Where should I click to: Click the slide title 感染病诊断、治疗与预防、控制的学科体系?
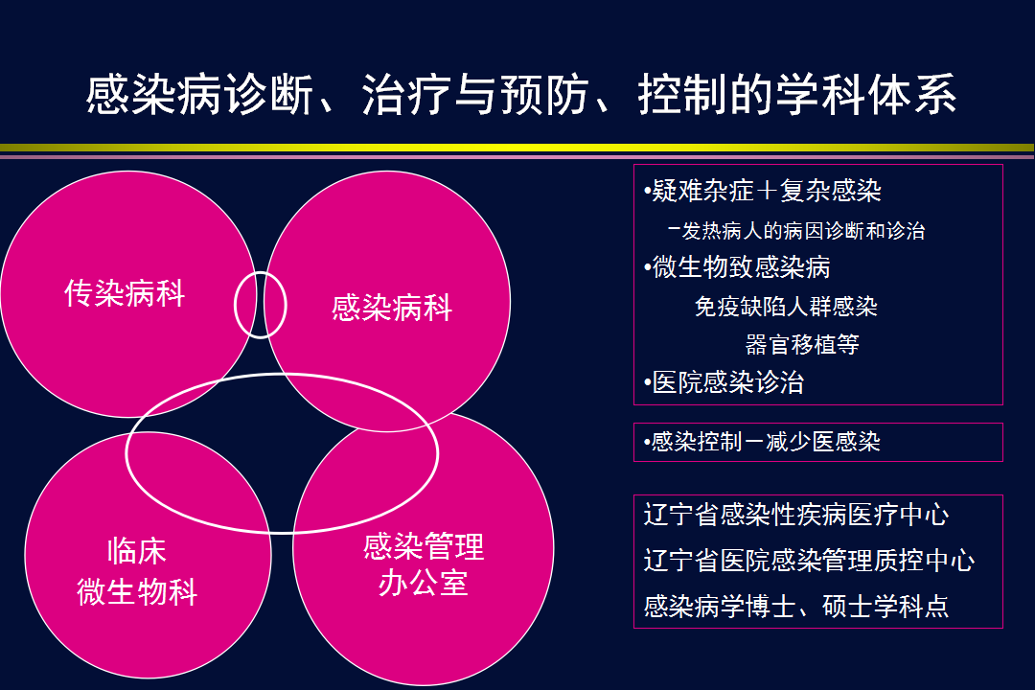coord(520,95)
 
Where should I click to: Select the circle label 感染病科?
coord(392,308)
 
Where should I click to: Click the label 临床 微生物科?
coord(137,571)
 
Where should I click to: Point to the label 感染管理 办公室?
coord(424,564)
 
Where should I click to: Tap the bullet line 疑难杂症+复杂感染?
coord(763,191)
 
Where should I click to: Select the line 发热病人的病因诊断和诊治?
coord(796,230)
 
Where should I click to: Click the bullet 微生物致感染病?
coord(737,266)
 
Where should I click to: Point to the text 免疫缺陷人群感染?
coord(786,306)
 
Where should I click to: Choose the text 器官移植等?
coord(802,344)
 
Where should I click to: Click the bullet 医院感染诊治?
coord(724,382)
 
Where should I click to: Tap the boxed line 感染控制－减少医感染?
coord(762,442)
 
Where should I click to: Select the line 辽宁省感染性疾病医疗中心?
coord(796,515)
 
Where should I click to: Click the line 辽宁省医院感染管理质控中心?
coord(809,560)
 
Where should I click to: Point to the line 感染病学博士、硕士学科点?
coord(796,606)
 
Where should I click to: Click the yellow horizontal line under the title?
coord(517,148)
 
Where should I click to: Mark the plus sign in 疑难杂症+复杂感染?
coord(767,191)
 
